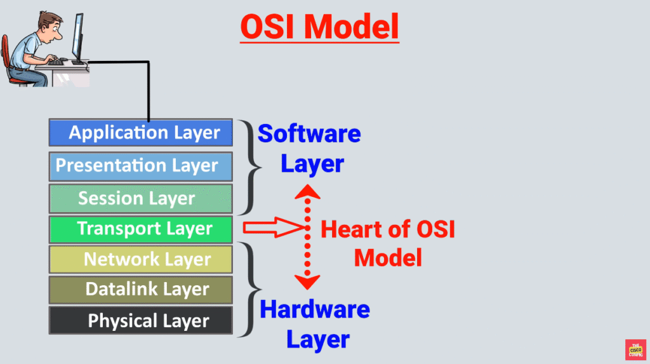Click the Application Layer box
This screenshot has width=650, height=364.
point(141,133)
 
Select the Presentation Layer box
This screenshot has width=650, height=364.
point(141,166)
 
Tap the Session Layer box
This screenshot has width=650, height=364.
point(141,198)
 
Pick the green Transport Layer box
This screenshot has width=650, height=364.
point(141,229)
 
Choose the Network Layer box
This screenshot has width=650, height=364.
point(141,259)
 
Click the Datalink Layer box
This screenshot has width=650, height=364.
point(141,290)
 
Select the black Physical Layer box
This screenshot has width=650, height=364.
point(141,321)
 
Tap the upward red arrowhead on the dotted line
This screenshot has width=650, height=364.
point(308,191)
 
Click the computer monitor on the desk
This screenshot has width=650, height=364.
point(78,35)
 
